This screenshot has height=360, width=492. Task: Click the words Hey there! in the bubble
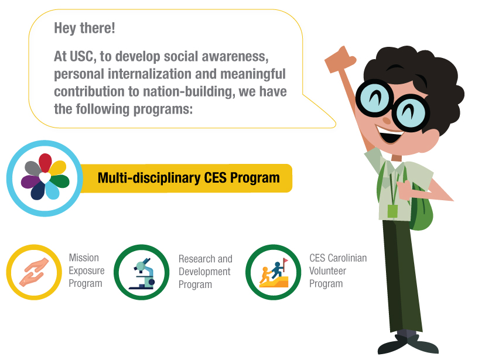point(84,28)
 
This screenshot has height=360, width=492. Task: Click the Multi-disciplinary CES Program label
point(189,178)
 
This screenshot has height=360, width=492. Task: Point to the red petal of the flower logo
point(45,162)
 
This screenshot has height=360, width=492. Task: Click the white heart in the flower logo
point(45,178)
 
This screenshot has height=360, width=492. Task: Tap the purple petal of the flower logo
point(30,182)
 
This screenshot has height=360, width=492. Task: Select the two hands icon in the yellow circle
point(33,272)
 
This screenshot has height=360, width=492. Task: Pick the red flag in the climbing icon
point(285,261)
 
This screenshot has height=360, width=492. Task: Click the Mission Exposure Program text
point(87,270)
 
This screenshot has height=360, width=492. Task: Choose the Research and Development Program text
point(206,272)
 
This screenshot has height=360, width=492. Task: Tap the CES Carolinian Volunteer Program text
point(338,270)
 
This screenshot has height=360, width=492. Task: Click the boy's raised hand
point(340,60)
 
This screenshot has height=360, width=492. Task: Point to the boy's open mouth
point(389,134)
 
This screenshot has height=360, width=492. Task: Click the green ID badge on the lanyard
point(392,211)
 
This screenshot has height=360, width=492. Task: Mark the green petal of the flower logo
point(60,181)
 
